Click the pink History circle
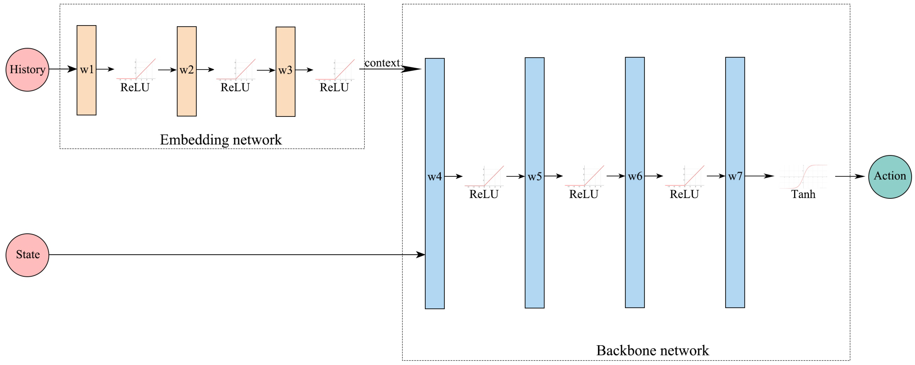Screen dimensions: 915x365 tap(27, 70)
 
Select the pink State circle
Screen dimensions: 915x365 tap(27, 255)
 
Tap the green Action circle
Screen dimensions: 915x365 tap(890, 177)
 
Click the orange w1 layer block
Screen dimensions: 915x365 tap(87, 70)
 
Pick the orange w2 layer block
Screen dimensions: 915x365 tap(187, 71)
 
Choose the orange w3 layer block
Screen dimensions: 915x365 tap(286, 71)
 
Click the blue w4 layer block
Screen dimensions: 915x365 tap(435, 183)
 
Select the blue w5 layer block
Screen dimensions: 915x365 tap(535, 183)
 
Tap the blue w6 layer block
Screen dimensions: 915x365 tap(635, 182)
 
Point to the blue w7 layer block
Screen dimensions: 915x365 tap(735, 182)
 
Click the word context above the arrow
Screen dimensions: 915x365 tap(382, 63)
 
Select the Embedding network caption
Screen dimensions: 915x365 tap(221, 140)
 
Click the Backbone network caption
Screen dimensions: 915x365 tap(652, 350)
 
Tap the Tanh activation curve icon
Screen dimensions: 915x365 tap(803, 177)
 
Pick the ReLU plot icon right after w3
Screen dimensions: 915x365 tap(335, 70)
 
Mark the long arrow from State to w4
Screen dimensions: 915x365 tap(237, 255)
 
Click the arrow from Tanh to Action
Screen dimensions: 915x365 tap(850, 176)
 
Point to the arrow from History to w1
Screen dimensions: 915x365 tap(63, 69)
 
